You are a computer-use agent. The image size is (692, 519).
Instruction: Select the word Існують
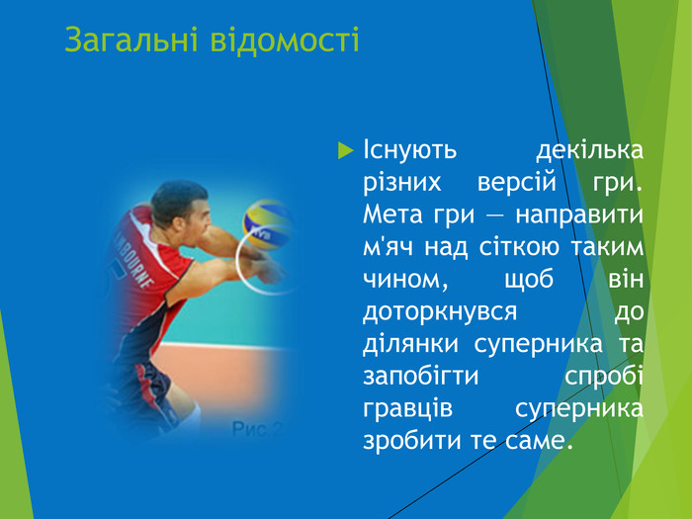(x=409, y=151)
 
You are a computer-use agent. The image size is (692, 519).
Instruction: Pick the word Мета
(x=392, y=215)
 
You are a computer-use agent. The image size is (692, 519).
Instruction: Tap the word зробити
(x=405, y=439)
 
